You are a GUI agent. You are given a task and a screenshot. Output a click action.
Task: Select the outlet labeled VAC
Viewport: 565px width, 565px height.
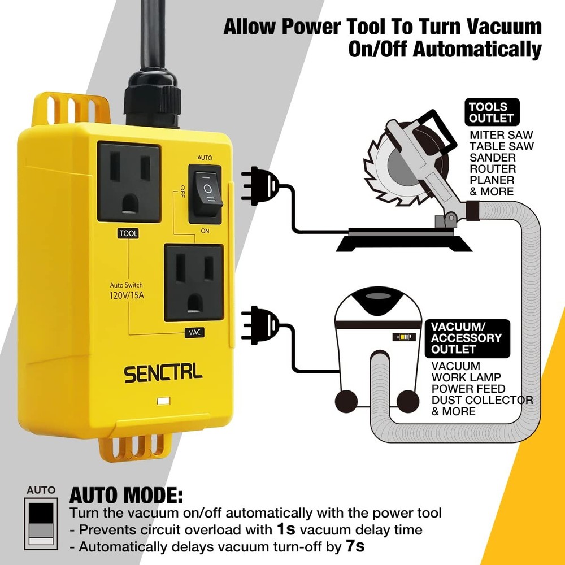pyautogui.click(x=193, y=282)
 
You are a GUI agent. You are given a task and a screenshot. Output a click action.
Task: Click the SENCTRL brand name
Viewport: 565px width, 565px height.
pyautogui.click(x=163, y=374)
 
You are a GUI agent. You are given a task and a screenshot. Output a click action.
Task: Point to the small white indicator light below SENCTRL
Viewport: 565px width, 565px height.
pyautogui.click(x=163, y=402)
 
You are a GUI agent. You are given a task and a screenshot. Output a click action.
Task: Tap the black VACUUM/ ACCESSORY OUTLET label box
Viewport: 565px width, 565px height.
pyautogui.click(x=467, y=338)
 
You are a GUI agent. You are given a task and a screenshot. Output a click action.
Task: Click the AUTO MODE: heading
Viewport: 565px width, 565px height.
pyautogui.click(x=126, y=496)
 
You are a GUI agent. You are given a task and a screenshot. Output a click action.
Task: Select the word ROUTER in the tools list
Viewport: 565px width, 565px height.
pyautogui.click(x=493, y=169)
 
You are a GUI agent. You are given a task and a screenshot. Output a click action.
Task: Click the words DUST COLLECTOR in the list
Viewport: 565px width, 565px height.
pyautogui.click(x=482, y=400)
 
